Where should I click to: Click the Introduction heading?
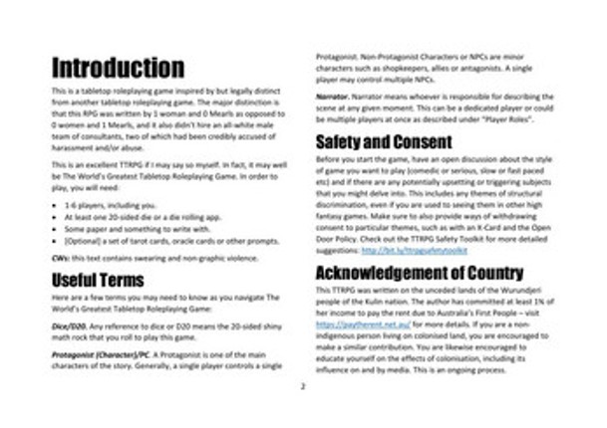click(x=118, y=69)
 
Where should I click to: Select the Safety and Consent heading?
click(x=384, y=141)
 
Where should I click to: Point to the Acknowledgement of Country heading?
click(x=420, y=273)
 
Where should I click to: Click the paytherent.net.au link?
click(x=350, y=324)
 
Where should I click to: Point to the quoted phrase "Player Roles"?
click(x=510, y=120)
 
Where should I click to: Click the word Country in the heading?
click(x=487, y=273)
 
